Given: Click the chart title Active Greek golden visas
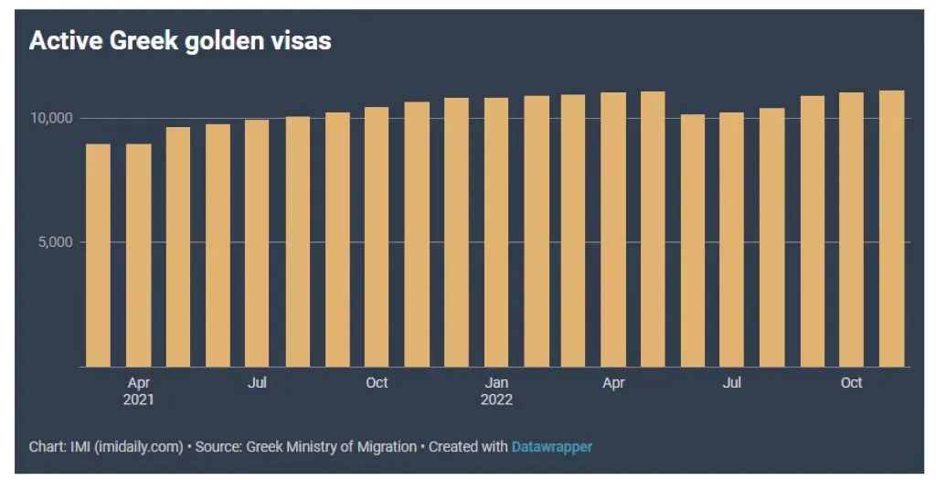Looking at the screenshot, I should [180, 41].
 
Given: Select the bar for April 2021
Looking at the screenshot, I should [139, 255].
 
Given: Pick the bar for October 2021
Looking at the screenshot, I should [377, 237].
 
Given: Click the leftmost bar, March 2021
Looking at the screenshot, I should [98, 255].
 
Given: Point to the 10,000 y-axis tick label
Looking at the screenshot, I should [50, 119].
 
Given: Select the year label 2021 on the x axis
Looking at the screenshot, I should [139, 400].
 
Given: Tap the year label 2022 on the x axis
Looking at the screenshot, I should [496, 400].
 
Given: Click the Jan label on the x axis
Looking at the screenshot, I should [496, 382].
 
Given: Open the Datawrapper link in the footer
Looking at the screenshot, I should [551, 447].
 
